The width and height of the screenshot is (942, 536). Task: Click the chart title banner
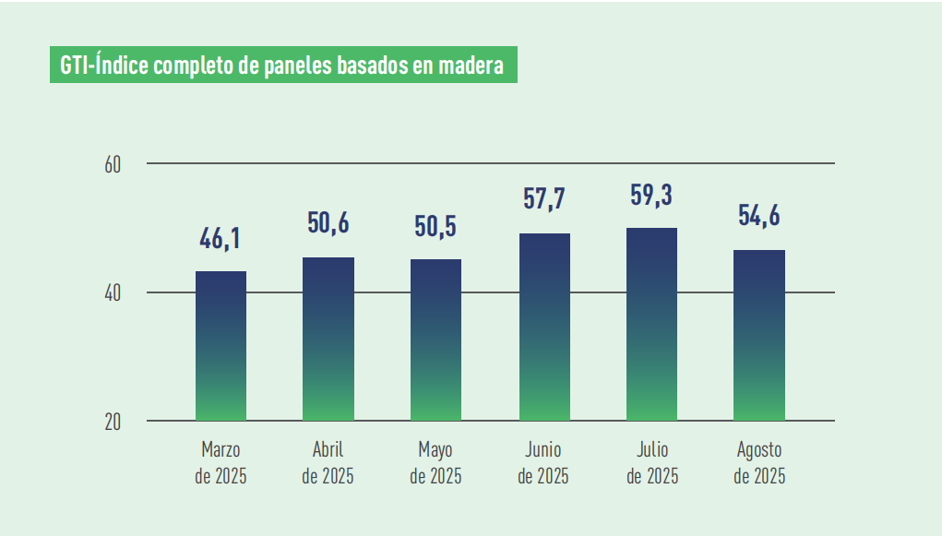click(283, 66)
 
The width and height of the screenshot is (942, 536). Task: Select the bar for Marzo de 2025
click(221, 346)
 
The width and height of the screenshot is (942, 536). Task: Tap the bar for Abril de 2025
click(328, 339)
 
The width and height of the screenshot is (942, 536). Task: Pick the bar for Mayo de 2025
click(435, 339)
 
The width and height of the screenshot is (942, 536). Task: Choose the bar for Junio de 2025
click(544, 327)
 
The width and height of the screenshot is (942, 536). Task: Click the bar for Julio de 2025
click(651, 324)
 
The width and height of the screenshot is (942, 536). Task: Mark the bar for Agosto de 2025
click(759, 335)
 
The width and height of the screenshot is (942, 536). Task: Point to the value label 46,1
click(221, 240)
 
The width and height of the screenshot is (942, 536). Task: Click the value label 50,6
click(328, 224)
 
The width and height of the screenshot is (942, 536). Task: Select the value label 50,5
click(435, 227)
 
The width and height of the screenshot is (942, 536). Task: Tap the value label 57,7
click(544, 200)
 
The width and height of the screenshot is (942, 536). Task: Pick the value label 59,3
click(651, 195)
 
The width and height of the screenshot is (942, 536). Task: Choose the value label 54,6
click(759, 217)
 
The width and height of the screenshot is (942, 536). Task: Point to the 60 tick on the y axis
click(113, 164)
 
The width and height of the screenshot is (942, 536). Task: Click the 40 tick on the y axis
click(113, 293)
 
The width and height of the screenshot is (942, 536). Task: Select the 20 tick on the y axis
click(113, 422)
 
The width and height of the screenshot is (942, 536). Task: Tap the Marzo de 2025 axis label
click(221, 463)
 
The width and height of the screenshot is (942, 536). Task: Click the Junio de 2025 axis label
click(544, 463)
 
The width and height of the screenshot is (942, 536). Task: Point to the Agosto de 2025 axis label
click(759, 463)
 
